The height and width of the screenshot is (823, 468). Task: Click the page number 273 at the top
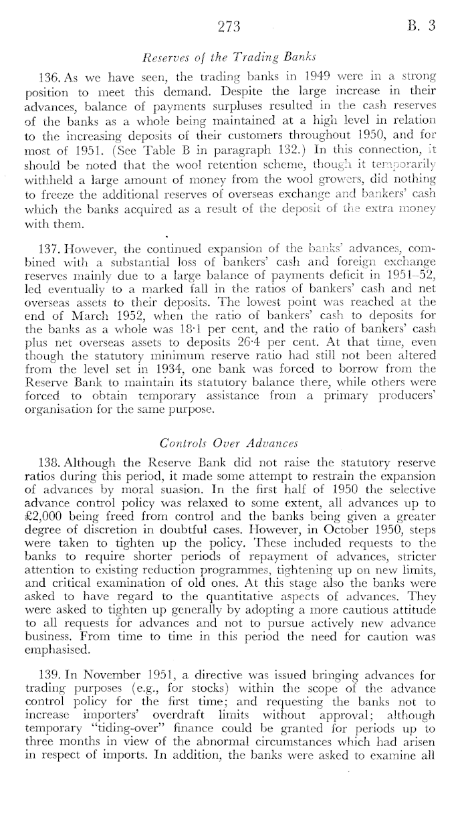(229, 27)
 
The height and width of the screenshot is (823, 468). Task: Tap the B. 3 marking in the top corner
(423, 27)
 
